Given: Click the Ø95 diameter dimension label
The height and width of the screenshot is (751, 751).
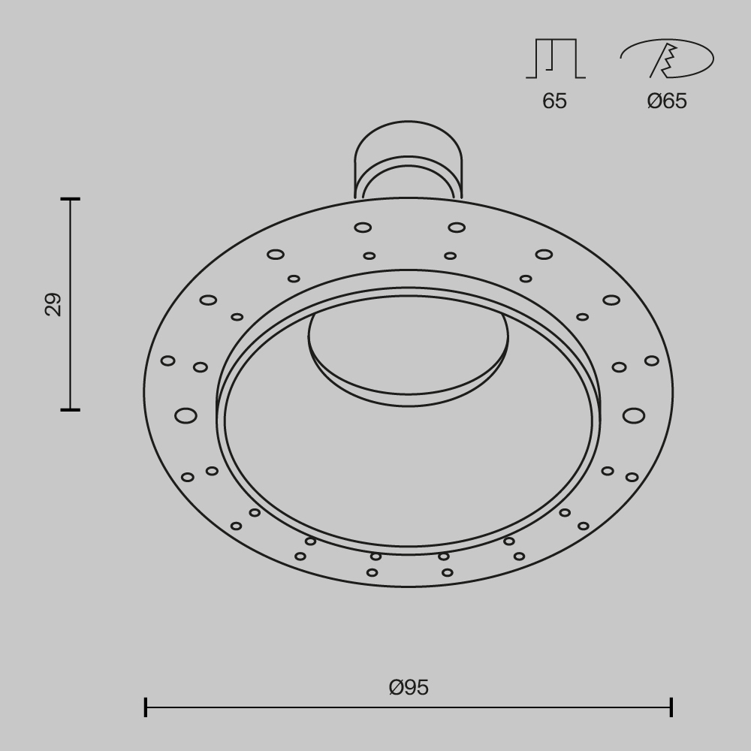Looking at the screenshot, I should [409, 687].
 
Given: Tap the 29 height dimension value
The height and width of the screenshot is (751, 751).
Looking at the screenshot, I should [53, 304].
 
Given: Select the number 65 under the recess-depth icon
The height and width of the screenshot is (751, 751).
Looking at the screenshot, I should [554, 101].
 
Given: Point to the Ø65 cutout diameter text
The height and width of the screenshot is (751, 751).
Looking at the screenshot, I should [667, 101].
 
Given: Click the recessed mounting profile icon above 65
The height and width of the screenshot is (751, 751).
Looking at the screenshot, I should [556, 59].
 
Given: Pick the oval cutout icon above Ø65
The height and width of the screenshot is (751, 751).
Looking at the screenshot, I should [667, 59].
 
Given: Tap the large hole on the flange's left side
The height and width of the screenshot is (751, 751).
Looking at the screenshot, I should [185, 415].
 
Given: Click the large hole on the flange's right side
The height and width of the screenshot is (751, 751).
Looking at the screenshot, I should [633, 415].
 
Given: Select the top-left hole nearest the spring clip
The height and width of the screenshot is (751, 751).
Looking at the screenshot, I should [363, 228].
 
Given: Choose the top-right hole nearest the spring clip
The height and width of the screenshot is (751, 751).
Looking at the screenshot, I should [457, 228].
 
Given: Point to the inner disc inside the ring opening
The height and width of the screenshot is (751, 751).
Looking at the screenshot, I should [408, 353].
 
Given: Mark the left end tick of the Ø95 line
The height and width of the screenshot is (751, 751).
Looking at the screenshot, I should [146, 707].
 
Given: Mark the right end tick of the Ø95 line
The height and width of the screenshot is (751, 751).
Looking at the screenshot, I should [671, 707].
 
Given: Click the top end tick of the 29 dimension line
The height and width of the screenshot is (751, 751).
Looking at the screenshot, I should [71, 199].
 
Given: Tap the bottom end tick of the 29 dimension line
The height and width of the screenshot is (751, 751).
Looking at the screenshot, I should [71, 409].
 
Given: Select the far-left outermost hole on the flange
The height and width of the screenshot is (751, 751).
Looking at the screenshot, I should [167, 361].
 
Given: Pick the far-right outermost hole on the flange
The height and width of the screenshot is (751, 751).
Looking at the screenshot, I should [651, 361].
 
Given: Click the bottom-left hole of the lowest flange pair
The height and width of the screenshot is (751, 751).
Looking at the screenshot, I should [372, 572].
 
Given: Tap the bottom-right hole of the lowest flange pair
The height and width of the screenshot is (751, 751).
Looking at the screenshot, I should [448, 572].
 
